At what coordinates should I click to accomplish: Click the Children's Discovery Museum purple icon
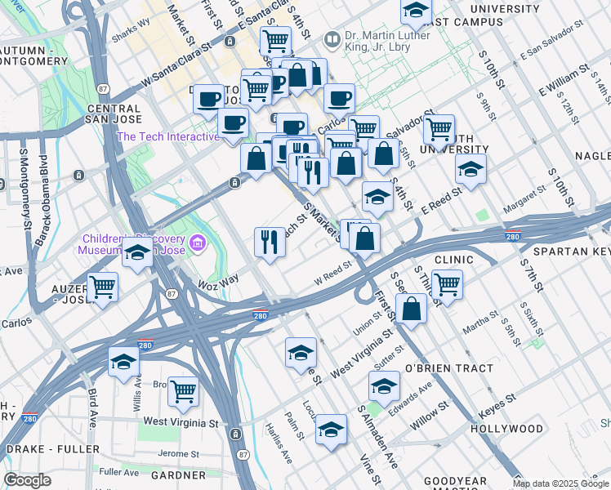coord(196,243)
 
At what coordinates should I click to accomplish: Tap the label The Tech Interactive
coord(168,136)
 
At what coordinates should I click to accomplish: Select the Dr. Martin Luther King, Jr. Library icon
coord(332,38)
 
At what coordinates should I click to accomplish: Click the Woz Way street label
coord(218,280)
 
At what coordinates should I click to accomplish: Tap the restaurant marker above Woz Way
coord(270,242)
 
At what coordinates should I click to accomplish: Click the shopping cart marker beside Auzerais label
coord(103,287)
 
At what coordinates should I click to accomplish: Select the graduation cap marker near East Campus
coord(416,11)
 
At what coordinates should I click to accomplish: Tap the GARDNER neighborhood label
coord(178,474)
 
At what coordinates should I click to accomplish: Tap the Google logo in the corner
coord(27,480)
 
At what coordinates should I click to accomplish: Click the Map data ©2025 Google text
coord(560,483)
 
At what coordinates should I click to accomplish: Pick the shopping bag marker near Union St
coord(412,309)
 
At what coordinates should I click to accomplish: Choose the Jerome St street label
coord(179,453)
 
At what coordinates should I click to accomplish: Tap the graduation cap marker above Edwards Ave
coord(384,385)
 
